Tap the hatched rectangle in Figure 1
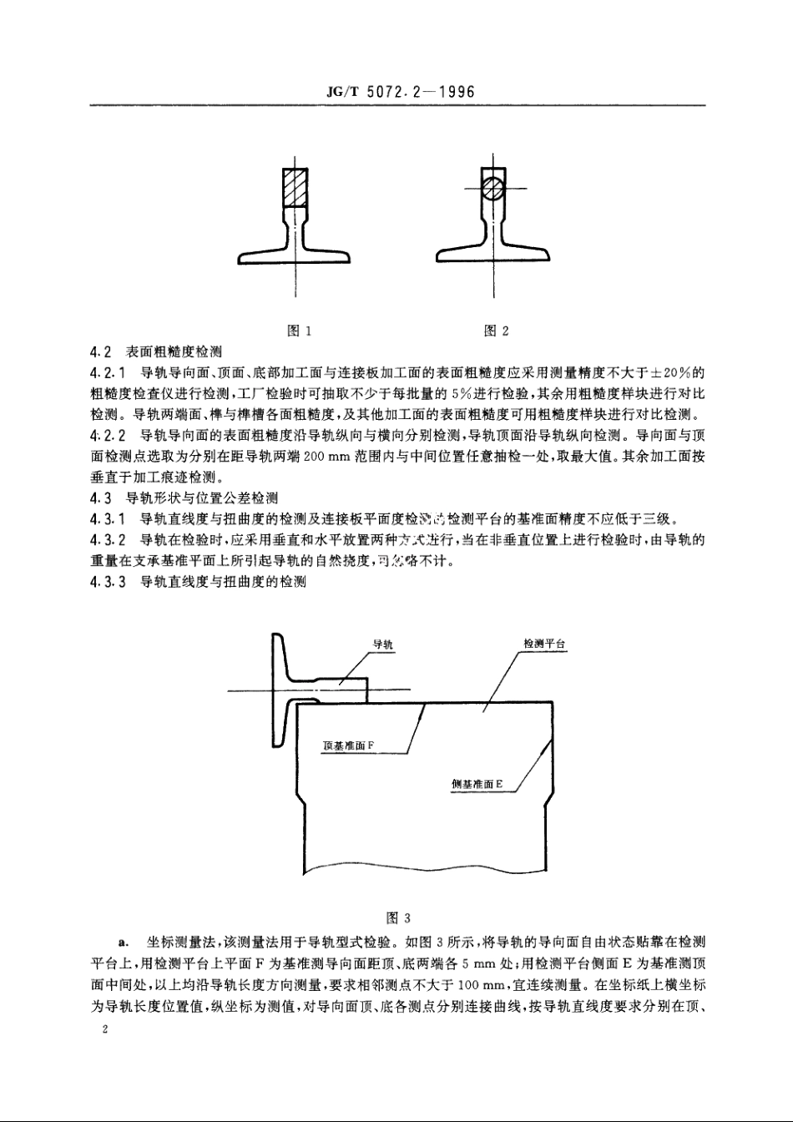296,188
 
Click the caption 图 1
299,331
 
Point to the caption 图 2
497,331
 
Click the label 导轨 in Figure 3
382,644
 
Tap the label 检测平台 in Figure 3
544,644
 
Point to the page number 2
104,1031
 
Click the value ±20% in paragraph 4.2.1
668,372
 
